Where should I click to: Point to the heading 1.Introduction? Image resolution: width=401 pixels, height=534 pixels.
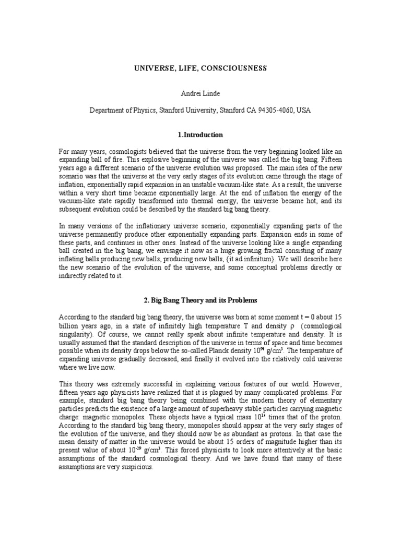(200, 135)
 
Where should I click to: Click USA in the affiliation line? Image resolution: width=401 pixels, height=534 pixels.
(303, 111)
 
